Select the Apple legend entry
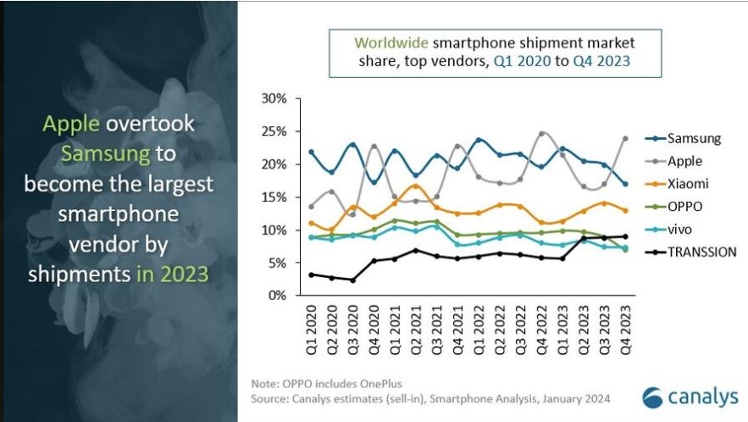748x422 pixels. pyautogui.click(x=684, y=160)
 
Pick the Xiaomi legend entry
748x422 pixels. pyautogui.click(x=685, y=183)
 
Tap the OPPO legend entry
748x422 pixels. pyautogui.click(x=684, y=206)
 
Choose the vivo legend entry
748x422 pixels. pyautogui.click(x=680, y=229)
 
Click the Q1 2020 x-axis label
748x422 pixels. pyautogui.click(x=311, y=326)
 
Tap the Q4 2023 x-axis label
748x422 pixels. pyautogui.click(x=625, y=326)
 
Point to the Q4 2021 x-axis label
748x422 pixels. pyautogui.click(x=457, y=326)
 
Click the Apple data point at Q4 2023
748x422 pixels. pyautogui.click(x=625, y=138)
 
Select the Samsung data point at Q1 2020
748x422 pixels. pyautogui.click(x=311, y=153)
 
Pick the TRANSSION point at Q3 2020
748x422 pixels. pyautogui.click(x=352, y=280)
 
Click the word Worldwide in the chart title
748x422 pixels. pyautogui.click(x=391, y=42)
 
